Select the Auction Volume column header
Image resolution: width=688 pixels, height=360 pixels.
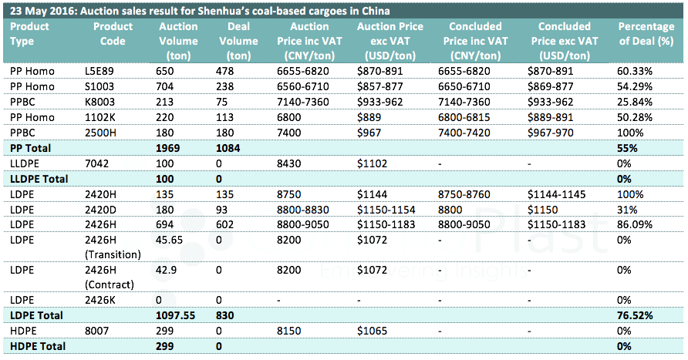point(178,41)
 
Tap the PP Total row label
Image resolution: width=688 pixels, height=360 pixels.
point(29,146)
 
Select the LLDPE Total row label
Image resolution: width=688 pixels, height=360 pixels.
point(37,178)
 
